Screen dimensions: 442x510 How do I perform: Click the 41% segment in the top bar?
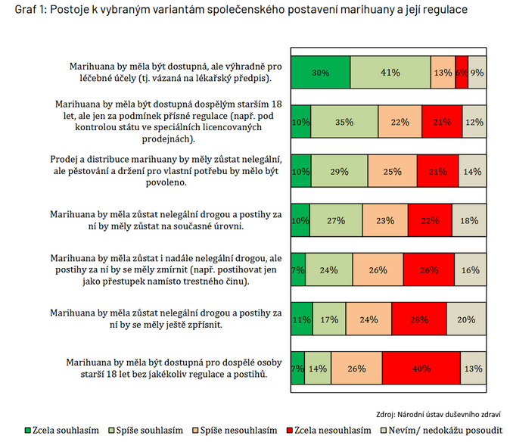390,73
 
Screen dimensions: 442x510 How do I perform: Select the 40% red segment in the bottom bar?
421,369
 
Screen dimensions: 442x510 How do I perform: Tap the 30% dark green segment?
320,73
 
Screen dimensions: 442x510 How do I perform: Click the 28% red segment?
418,319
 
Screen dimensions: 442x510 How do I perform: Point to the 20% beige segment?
467,319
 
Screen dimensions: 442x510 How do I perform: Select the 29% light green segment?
338,172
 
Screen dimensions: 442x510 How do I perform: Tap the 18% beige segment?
469,221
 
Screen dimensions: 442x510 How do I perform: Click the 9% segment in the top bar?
477,73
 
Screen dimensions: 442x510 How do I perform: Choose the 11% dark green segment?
301,319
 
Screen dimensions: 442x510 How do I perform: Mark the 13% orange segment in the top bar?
443,73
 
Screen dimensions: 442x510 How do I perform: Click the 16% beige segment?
471,270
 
